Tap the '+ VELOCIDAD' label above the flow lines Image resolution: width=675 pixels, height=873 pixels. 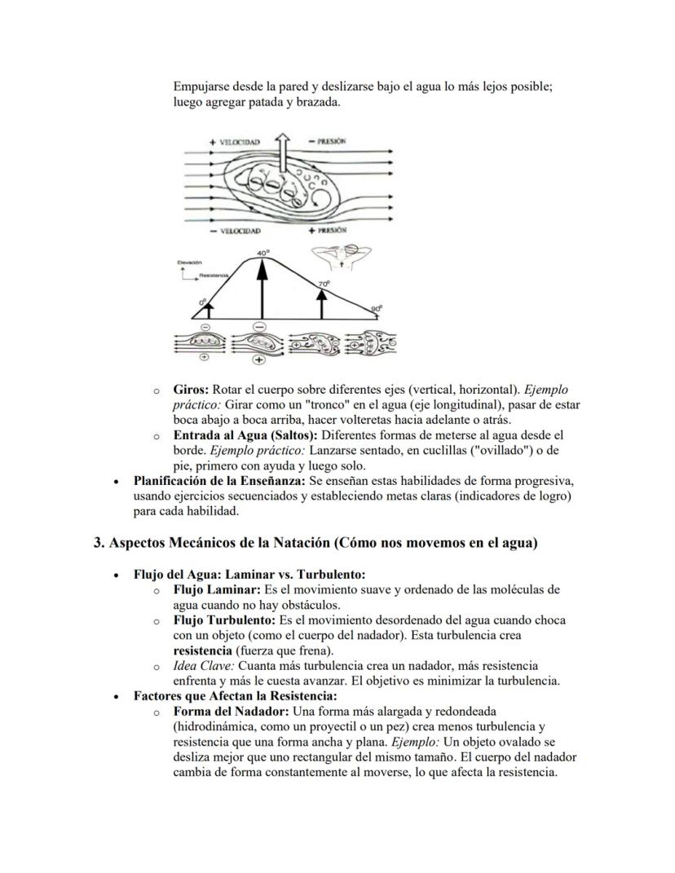point(234,142)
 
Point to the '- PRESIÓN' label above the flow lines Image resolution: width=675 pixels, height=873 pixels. point(327,141)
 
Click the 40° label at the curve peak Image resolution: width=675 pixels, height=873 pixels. point(262,254)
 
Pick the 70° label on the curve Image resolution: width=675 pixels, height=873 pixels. point(324,284)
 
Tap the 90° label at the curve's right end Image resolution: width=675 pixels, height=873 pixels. point(376,309)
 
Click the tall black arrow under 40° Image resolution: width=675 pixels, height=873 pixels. point(262,289)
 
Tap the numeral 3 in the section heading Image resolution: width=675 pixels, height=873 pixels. point(97,543)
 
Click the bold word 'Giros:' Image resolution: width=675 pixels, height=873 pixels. point(192,390)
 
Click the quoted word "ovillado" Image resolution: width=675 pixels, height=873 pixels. point(490,451)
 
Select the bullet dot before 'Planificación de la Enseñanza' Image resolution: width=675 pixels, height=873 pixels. point(121,482)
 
